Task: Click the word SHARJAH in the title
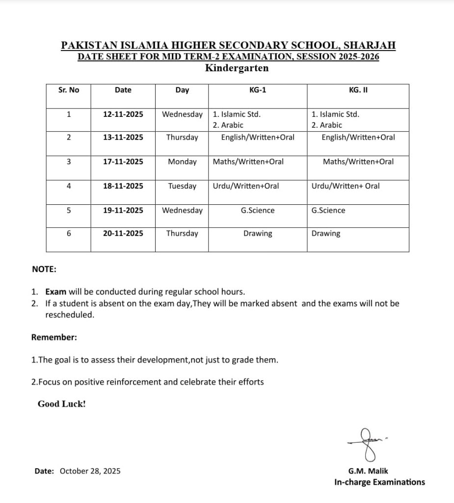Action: click(x=369, y=45)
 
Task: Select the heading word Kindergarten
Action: click(x=237, y=68)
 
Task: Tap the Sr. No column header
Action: click(x=69, y=90)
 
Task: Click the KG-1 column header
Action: click(x=258, y=90)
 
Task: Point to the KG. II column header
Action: click(x=358, y=90)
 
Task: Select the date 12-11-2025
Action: click(x=123, y=114)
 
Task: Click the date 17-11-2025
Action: click(x=123, y=161)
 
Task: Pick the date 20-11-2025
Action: click(x=123, y=233)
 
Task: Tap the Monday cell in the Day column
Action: click(x=182, y=161)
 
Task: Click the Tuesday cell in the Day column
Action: click(x=182, y=186)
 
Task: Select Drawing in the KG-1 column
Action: click(x=258, y=233)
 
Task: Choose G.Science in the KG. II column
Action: click(x=328, y=210)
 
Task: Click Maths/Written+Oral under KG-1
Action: click(x=248, y=161)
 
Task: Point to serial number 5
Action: click(x=69, y=210)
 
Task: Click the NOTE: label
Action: click(x=44, y=269)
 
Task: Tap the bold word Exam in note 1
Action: click(x=55, y=292)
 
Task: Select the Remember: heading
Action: click(x=54, y=337)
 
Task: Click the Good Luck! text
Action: click(x=62, y=404)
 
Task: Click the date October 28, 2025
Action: click(x=90, y=471)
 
